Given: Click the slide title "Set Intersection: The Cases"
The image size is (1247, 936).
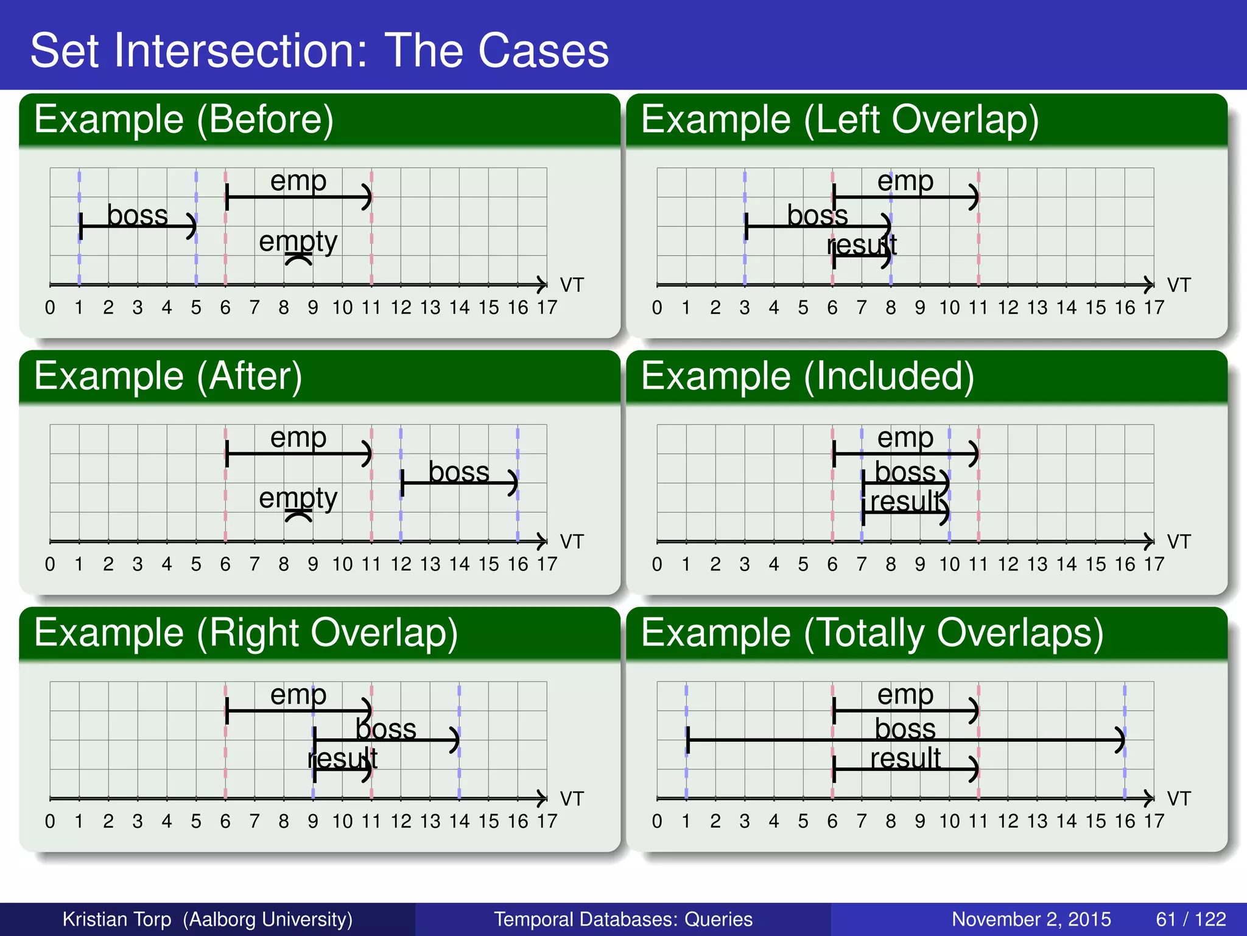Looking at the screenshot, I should (319, 50).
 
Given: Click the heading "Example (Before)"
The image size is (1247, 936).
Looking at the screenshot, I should (183, 119).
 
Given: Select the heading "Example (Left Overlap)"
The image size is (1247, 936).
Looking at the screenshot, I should (840, 119).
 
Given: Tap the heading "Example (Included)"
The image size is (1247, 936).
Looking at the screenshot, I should (807, 376).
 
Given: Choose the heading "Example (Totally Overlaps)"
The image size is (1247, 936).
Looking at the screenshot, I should (872, 633).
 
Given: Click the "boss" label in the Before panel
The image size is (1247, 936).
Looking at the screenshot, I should (137, 215).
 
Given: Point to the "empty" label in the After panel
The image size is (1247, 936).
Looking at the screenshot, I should (298, 498).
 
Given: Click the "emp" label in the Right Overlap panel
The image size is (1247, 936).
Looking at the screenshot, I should (298, 694).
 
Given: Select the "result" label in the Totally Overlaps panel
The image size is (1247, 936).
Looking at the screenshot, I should (905, 759).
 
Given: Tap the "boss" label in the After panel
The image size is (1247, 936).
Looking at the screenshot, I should (458, 472).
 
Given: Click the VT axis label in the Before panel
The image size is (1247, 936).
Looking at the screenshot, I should (572, 285).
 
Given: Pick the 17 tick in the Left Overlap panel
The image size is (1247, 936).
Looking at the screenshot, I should (1153, 308).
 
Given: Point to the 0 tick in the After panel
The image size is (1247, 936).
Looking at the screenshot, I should (50, 564).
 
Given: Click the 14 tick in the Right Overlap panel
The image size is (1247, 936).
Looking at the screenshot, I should (459, 821).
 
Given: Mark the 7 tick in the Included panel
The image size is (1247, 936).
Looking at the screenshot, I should (861, 564).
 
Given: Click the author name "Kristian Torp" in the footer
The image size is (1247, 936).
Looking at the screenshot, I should (117, 919).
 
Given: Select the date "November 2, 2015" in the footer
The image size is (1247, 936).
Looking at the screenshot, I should (1031, 919).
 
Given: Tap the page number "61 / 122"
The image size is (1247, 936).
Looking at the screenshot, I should (1190, 919).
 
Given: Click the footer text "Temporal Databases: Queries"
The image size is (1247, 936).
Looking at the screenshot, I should (623, 919).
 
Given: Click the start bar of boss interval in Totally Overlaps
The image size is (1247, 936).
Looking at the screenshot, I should (687, 740).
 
